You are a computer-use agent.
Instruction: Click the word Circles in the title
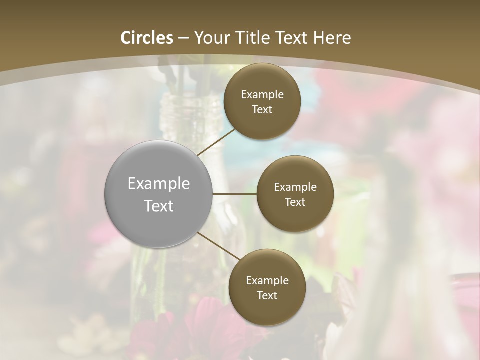coord(146,38)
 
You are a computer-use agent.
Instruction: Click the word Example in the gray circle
coord(158,184)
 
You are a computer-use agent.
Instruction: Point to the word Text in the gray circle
coord(158,206)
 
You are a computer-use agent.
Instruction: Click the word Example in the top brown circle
coord(262,95)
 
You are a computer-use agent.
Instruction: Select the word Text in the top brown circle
coord(262,109)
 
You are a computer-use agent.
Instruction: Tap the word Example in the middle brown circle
coord(295,187)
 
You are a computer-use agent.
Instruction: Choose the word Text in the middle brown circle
coord(295,202)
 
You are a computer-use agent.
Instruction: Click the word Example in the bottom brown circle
coord(267,281)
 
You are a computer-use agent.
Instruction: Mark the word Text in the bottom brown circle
coord(267,295)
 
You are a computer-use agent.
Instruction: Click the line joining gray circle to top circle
coord(217,142)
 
